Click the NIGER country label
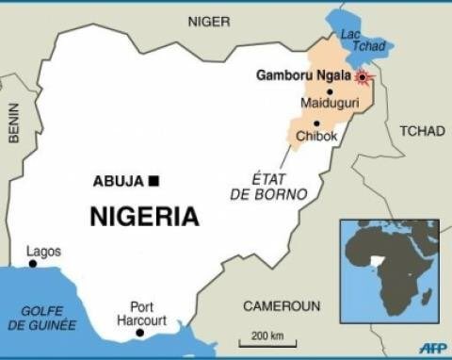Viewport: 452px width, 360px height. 208,21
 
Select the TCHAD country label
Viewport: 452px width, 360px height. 422,131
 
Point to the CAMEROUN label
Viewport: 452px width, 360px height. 282,306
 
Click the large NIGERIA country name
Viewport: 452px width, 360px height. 144,217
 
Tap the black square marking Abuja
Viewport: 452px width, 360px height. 153,181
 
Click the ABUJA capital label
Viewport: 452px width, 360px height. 119,181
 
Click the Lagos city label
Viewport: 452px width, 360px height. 43,251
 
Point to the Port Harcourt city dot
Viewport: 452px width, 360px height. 139,333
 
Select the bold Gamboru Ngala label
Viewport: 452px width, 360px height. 303,75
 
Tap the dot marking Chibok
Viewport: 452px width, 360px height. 317,123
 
